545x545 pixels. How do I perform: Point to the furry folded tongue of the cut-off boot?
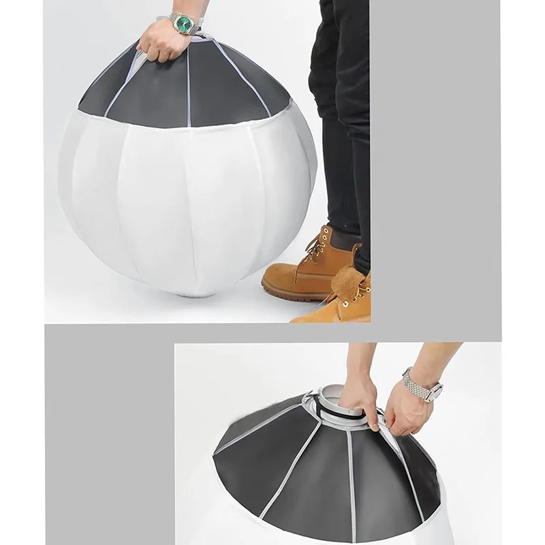(346, 279)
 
